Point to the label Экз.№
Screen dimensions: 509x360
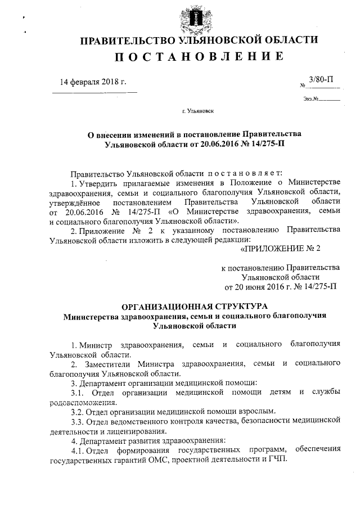tap(311, 100)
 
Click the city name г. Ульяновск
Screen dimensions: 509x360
tap(197, 112)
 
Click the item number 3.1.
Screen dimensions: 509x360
tap(78, 391)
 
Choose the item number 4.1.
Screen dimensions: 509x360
tap(78, 449)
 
